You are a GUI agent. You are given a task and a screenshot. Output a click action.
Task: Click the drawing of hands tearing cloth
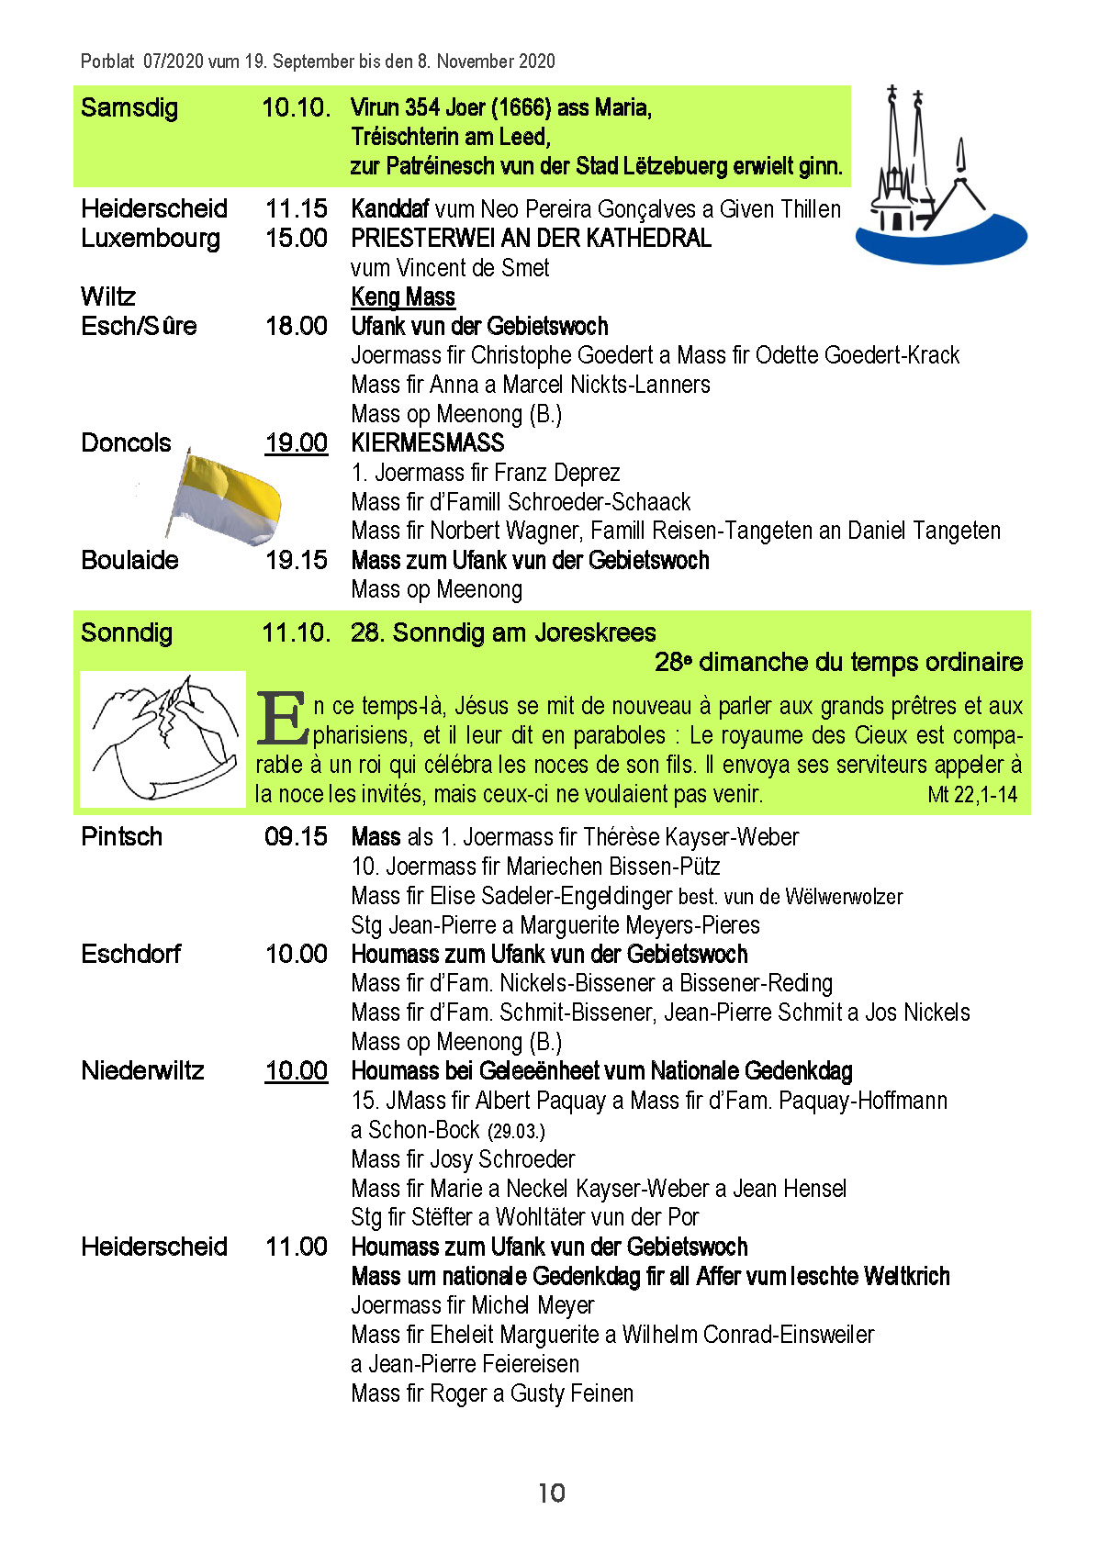pos(163,738)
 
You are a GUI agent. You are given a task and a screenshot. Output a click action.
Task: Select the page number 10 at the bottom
pos(552,1493)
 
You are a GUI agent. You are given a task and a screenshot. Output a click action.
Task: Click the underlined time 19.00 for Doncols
pos(296,443)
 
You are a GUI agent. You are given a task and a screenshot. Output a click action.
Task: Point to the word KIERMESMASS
pos(428,443)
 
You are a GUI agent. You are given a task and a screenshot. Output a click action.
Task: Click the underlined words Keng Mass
pos(403,296)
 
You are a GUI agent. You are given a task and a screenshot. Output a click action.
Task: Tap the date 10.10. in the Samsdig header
pos(296,107)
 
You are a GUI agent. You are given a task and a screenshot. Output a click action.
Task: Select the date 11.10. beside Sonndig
pos(296,632)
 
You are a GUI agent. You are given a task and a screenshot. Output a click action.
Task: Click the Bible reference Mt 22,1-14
pos(972,795)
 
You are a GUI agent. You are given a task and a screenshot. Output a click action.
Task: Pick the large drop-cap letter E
pos(281,719)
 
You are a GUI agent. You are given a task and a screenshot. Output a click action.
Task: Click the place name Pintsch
pos(121,836)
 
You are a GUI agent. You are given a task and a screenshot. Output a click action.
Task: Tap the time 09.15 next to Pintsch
pos(296,836)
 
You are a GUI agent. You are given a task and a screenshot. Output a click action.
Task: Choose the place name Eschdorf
pos(131,954)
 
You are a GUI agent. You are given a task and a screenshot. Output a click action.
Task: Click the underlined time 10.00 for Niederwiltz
pos(296,1071)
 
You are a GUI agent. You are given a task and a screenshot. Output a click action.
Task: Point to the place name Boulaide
pos(129,560)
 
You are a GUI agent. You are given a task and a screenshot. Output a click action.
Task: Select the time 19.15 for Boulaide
pos(296,560)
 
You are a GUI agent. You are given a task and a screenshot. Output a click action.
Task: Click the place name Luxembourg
pos(151,238)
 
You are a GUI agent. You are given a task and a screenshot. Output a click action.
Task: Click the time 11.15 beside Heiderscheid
pos(296,208)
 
